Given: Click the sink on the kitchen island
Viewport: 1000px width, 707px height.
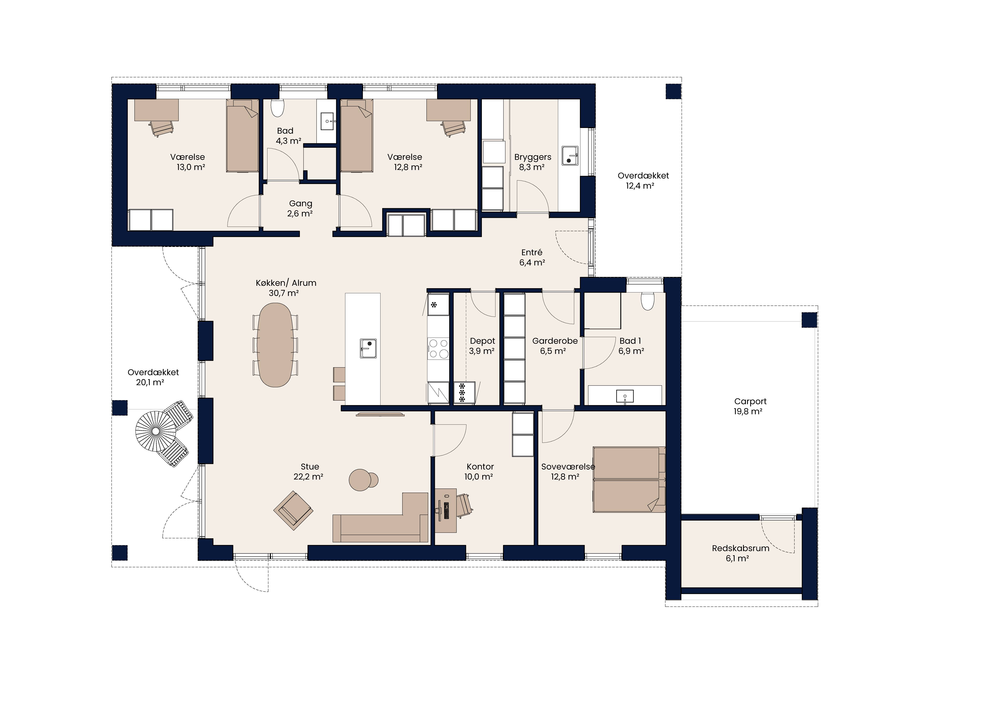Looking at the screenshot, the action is click(368, 348).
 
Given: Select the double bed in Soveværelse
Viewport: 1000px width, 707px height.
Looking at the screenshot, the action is click(629, 480).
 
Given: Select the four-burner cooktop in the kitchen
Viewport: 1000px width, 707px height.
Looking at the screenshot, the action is click(438, 348).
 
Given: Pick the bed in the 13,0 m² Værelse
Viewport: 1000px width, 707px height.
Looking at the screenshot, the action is click(242, 135).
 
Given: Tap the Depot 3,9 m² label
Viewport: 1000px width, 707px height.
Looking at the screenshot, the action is click(482, 346).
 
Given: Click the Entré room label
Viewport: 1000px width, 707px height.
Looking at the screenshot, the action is click(532, 252).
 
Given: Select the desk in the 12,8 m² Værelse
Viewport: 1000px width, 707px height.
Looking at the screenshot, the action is click(448, 110).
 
